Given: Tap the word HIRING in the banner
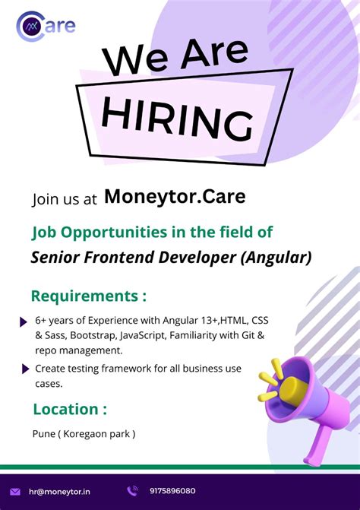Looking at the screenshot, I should pos(177,117).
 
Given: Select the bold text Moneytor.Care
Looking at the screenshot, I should pos(175,197).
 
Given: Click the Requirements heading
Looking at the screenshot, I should pos(89,296).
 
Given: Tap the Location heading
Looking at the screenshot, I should pos(70,409).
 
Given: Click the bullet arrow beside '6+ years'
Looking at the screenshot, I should pos(24,322).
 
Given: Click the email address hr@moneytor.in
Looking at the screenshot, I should pos(60,492).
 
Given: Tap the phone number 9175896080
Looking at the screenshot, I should pos(172,491).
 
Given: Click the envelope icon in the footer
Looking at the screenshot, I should pos(15,492).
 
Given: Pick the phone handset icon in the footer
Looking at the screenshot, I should pos(132,491).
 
